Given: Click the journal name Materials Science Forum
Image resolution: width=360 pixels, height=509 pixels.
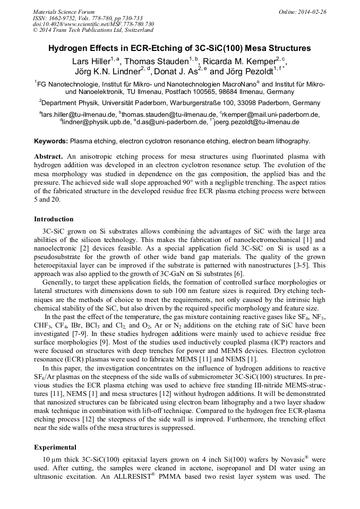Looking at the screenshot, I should click(64, 11).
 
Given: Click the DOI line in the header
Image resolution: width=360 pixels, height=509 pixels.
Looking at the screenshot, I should click(93, 24).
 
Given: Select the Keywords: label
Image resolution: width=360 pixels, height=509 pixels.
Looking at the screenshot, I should click(51, 141).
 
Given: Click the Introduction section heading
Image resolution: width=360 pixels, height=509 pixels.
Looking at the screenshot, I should click(54, 219).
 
